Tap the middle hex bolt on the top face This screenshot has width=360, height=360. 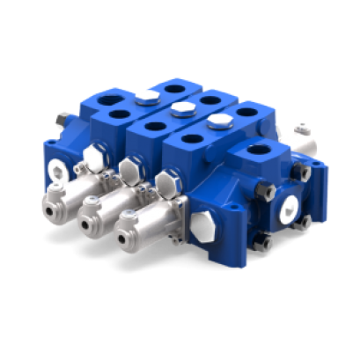[x=183, y=108]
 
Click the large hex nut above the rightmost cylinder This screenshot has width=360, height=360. [x=166, y=184]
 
